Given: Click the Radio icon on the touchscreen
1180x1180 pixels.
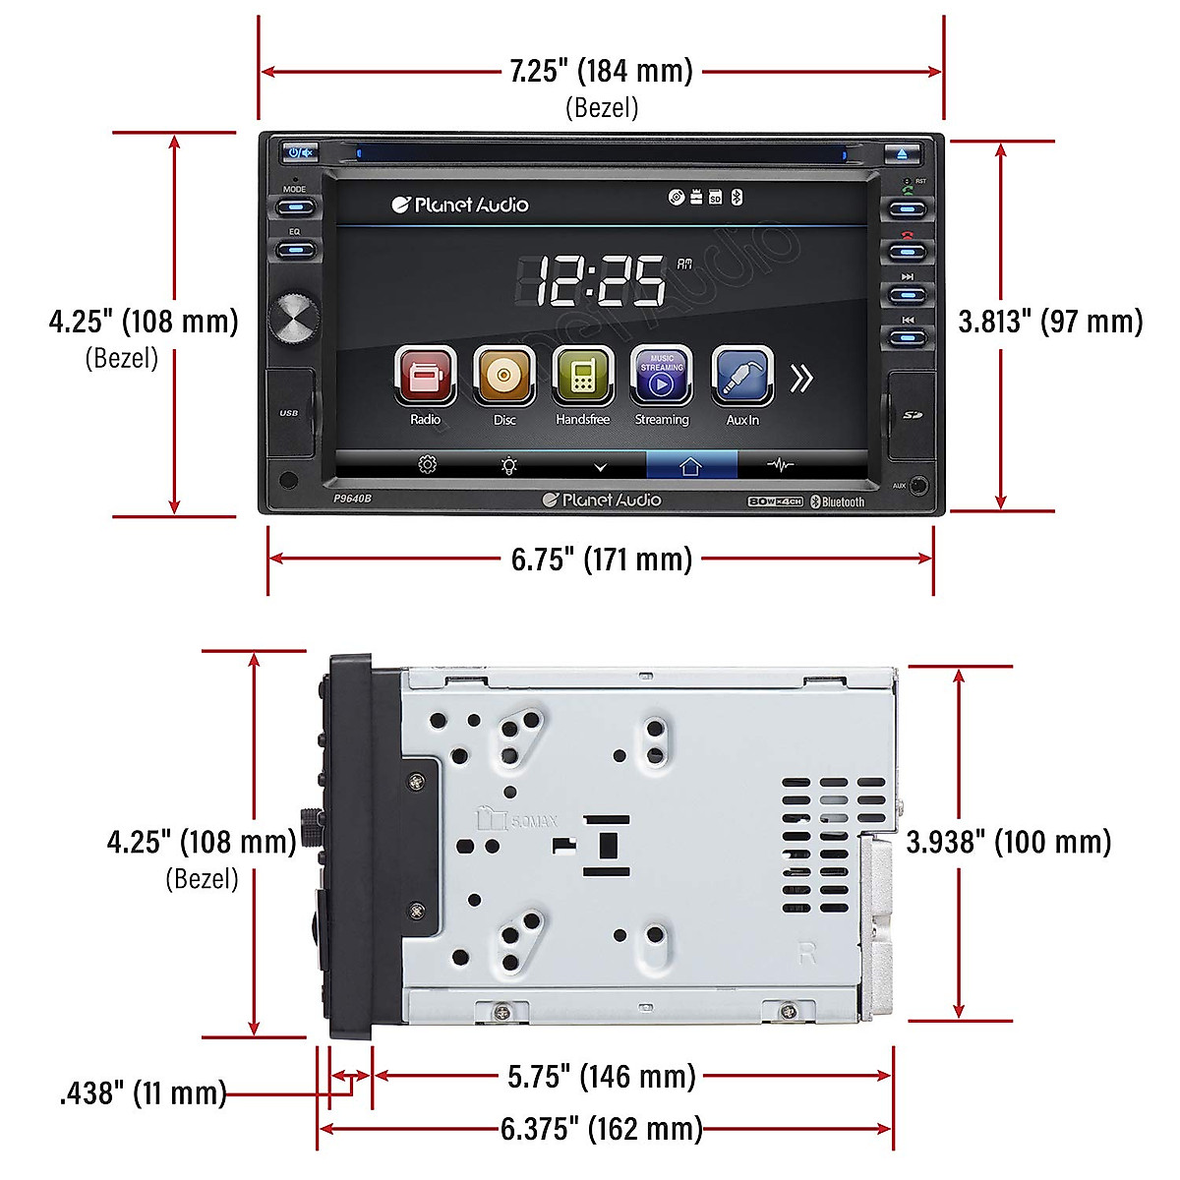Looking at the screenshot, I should coord(426,376).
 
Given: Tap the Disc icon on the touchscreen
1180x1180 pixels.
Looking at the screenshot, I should coord(504,376).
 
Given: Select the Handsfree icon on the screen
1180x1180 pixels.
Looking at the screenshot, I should coord(583,376).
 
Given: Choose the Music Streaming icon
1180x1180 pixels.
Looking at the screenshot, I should coord(662,375).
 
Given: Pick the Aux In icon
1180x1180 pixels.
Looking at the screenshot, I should coord(742,376).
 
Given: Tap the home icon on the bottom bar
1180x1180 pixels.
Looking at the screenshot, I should coord(690,466).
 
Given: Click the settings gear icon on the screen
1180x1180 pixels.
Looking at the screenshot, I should coord(427,465).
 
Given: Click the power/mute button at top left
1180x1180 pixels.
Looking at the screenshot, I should coord(300,152).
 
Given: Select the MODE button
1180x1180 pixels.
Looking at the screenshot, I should coord(295,207).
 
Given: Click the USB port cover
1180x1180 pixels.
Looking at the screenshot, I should coord(289,414).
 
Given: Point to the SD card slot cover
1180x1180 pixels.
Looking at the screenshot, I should coord(912,415).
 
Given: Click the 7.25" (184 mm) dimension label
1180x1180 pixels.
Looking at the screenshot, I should coord(601,72).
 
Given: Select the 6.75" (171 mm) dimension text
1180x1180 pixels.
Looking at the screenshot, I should coord(601,560).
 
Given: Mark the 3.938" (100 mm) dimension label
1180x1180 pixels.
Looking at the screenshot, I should coord(1009,842).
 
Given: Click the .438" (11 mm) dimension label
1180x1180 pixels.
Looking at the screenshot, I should coord(144,1093).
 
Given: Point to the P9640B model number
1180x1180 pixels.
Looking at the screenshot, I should coord(352,499).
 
